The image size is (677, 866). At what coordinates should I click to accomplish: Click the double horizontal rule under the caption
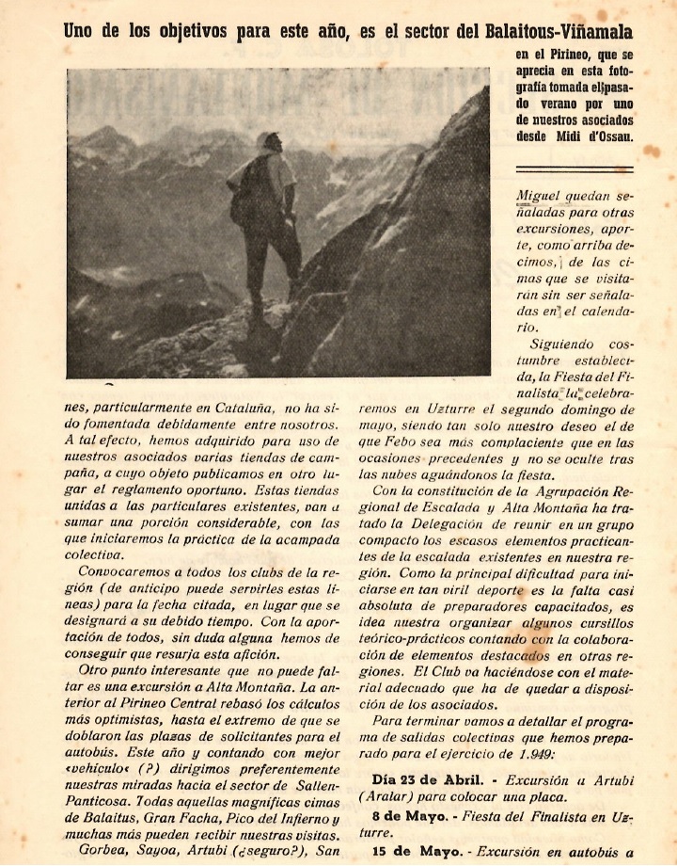575,168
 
